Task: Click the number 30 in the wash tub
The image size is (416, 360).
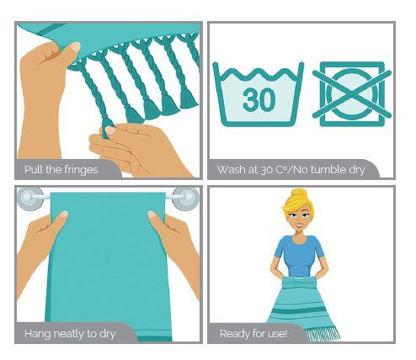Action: (x=259, y=99)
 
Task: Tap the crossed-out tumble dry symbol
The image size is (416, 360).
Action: (x=352, y=94)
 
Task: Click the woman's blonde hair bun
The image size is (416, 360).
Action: (x=299, y=195)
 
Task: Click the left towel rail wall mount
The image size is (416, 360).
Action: (x=30, y=197)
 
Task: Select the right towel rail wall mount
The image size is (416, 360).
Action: (x=185, y=199)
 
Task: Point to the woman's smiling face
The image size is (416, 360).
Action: (x=299, y=218)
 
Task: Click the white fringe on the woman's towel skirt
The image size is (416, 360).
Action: (x=323, y=334)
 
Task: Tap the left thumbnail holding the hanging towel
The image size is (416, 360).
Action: (x=63, y=214)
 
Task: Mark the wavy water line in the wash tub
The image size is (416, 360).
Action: (x=258, y=73)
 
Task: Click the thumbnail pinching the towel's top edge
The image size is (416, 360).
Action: (x=75, y=46)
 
